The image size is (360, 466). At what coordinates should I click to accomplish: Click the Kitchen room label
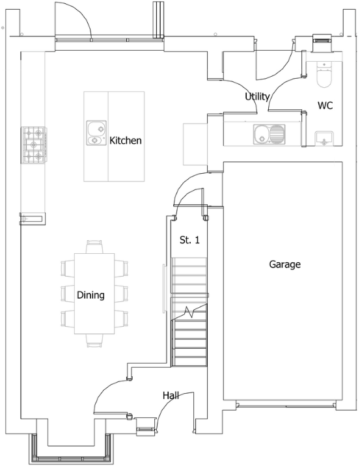click(x=126, y=141)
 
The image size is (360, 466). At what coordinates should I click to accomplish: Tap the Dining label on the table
click(x=90, y=295)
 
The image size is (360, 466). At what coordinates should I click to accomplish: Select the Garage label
click(x=284, y=264)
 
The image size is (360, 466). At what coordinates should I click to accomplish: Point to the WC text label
click(x=325, y=105)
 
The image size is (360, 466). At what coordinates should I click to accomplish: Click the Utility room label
click(x=257, y=96)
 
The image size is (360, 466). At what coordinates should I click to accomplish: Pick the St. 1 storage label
click(x=189, y=240)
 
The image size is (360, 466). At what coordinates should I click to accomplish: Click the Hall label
click(x=171, y=395)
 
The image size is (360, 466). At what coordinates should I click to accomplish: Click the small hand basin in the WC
click(x=324, y=139)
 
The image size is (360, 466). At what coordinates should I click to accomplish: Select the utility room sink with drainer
click(x=269, y=134)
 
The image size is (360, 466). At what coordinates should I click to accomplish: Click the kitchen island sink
click(x=96, y=133)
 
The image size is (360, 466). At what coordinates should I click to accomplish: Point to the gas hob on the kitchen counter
click(x=34, y=145)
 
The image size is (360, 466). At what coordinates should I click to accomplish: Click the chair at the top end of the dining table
click(x=94, y=247)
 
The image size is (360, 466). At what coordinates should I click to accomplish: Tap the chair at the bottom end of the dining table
click(x=94, y=340)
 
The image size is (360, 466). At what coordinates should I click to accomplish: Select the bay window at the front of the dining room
click(x=71, y=451)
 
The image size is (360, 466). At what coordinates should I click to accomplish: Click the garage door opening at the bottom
click(x=286, y=405)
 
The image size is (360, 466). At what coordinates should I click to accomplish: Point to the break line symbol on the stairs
click(x=189, y=312)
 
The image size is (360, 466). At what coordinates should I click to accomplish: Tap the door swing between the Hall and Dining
click(x=107, y=389)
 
